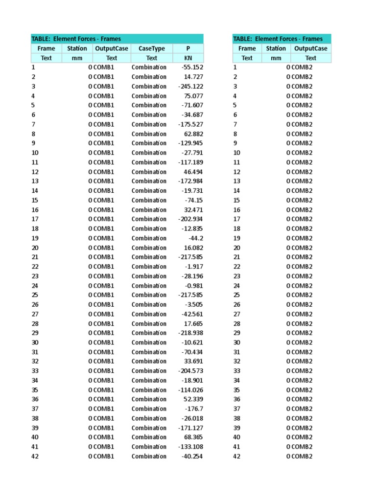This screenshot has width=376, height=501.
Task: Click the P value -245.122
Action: (190, 87)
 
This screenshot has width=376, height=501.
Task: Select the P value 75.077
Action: (193, 96)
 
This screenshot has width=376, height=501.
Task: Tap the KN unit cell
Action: (188, 58)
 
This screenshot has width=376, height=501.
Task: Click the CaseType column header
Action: (152, 48)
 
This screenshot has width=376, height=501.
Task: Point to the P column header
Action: (188, 48)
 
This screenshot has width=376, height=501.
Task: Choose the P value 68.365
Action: (193, 437)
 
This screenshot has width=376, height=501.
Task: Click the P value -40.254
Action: (192, 456)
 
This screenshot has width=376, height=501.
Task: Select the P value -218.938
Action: (190, 333)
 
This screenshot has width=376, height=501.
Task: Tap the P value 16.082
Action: (193, 248)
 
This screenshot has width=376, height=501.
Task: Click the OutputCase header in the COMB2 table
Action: (311, 48)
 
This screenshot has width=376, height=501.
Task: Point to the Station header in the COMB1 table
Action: (77, 48)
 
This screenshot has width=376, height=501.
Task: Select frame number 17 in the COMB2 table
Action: (237, 219)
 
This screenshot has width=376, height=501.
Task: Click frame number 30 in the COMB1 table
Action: (35, 342)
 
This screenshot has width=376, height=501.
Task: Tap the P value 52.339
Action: (193, 399)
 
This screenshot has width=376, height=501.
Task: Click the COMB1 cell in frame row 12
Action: (103, 172)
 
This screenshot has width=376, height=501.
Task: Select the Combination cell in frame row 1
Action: (149, 68)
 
